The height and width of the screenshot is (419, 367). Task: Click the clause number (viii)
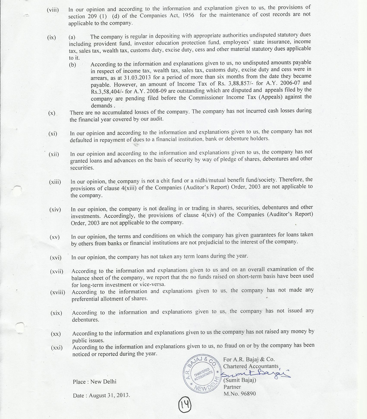coord(53,10)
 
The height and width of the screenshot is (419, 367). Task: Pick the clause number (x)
coord(52,113)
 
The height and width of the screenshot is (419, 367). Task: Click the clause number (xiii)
coord(55,182)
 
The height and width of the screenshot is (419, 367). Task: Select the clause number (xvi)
coord(56,258)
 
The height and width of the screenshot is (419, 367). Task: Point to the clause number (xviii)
coord(58,292)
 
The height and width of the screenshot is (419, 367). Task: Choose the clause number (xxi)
coord(57,348)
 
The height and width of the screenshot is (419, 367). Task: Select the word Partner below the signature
coord(232,387)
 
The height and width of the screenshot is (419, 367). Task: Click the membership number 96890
coord(248,394)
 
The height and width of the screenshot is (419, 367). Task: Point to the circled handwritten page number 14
coord(185,406)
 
